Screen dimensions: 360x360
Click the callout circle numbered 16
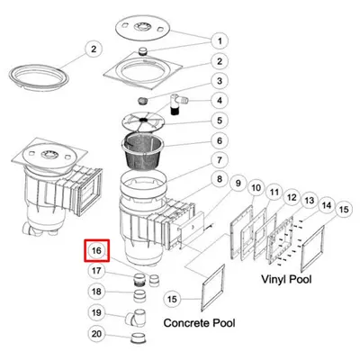[96, 250]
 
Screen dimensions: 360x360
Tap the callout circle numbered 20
[96, 334]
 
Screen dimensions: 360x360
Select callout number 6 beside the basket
[220, 140]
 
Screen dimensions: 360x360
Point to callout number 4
[220, 100]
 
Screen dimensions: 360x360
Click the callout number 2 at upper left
[94, 49]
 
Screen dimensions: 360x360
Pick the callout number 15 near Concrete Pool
[172, 299]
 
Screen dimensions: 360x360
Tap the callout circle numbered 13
[310, 201]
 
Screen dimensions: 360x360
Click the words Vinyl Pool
[286, 279]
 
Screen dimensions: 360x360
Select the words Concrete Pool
[199, 323]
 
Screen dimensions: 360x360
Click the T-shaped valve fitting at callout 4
[178, 104]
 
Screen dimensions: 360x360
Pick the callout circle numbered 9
[238, 183]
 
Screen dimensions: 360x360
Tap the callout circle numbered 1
[220, 40]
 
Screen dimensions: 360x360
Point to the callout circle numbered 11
[274, 192]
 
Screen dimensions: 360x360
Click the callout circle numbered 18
[96, 292]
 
